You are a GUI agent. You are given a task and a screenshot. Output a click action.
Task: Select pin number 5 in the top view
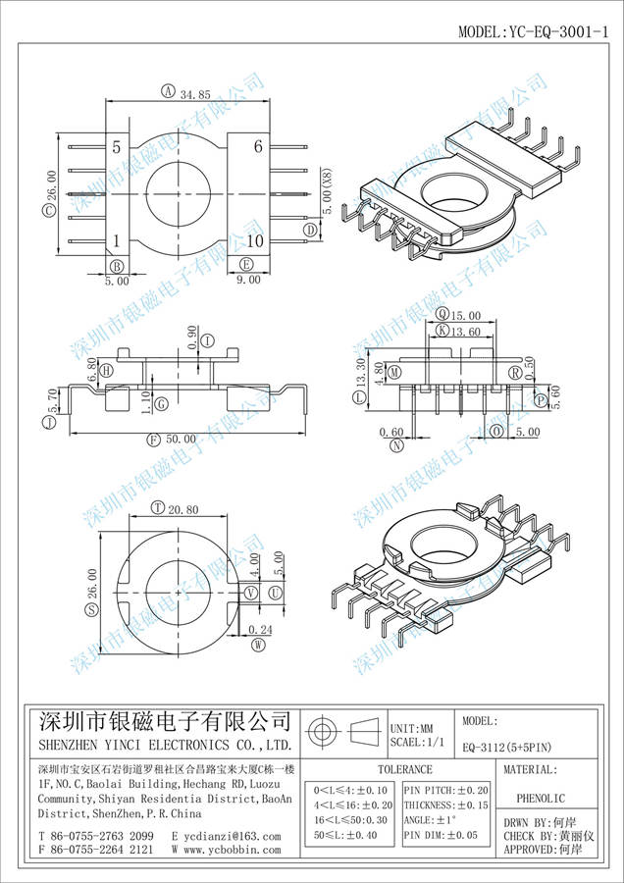(117, 148)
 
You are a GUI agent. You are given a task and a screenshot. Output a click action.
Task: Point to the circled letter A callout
(167, 93)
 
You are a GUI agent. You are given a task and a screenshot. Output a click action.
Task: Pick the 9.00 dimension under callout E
(248, 280)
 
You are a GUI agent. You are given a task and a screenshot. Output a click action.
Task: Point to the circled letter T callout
(158, 507)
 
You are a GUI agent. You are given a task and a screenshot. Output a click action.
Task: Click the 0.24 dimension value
(260, 630)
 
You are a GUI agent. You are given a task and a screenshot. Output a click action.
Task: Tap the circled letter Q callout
(442, 315)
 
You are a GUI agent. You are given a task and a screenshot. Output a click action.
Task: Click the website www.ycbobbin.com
(231, 851)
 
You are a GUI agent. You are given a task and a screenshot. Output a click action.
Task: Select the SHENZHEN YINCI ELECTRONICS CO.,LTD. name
(164, 746)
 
